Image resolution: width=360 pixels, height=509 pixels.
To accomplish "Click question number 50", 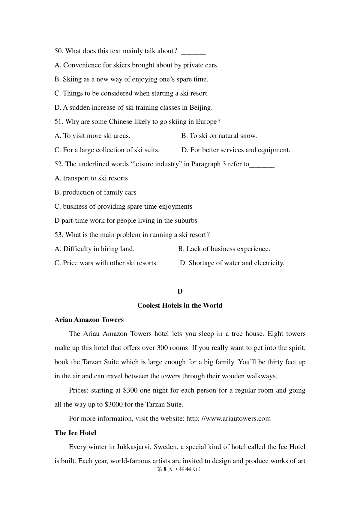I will [x=58, y=51].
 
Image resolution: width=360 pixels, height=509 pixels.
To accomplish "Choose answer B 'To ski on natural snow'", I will [x=219, y=136].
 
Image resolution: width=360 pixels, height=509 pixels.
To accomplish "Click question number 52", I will [x=58, y=164].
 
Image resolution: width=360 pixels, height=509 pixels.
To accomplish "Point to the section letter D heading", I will [x=180, y=291].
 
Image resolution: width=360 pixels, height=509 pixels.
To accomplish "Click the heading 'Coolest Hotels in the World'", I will [x=180, y=305].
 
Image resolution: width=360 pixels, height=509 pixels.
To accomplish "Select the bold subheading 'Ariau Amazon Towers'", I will [x=89, y=320].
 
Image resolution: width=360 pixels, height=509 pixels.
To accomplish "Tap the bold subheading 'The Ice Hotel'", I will [x=75, y=433].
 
